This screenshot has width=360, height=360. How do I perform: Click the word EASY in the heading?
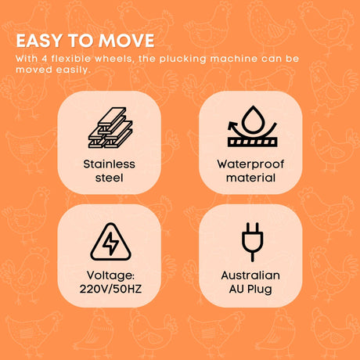[39, 41]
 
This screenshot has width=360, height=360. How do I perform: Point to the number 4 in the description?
[45, 59]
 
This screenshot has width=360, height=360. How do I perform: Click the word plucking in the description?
[183, 59]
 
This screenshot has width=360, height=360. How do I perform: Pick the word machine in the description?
[234, 59]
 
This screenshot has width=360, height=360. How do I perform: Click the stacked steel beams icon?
[110, 128]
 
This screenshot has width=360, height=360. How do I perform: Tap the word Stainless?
[110, 164]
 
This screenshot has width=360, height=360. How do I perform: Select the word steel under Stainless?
[110, 178]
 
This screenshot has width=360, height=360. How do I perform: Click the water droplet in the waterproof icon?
[252, 121]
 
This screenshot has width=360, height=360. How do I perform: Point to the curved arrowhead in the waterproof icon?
[231, 126]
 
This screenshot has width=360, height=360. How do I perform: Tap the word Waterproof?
[250, 164]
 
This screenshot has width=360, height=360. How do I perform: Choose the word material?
[250, 178]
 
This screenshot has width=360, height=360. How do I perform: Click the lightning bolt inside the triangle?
[110, 243]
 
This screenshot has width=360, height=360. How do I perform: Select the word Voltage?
[110, 275]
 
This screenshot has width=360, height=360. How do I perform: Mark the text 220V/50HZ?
[110, 289]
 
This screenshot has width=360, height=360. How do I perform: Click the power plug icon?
[252, 242]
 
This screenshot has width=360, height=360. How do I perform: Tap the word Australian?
[250, 275]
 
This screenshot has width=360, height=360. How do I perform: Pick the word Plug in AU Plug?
[260, 290]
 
